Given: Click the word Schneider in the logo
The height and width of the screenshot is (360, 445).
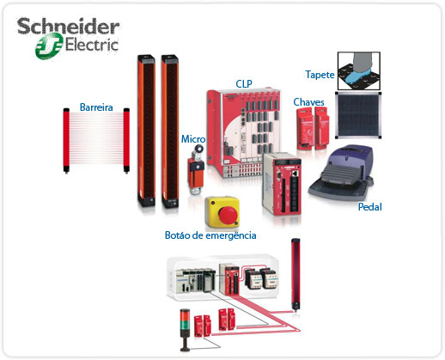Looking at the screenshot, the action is pos(68,27).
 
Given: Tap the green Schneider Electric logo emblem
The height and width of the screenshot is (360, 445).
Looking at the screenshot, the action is pos(49,46).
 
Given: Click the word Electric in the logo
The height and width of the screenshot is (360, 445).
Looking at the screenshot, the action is pos(92,46).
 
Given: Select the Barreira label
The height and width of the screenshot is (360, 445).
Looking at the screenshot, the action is pos(96,107).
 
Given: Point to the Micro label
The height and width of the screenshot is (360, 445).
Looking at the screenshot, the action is pos(193,139).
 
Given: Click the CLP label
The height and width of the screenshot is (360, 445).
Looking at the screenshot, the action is pos(244,83).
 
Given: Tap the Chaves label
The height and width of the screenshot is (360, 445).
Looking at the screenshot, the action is pos(308,102).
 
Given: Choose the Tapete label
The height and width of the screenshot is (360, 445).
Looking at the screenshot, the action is pos(320,75).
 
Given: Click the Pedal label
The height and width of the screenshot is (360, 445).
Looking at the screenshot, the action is pos(370,207).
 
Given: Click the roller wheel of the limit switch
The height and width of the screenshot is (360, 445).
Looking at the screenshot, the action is pos(198,149).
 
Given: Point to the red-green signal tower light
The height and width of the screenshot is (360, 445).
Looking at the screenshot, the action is pos(185,329).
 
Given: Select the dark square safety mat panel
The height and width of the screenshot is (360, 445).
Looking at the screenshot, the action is pos(358,114).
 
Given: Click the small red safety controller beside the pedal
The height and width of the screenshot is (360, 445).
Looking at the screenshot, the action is pos(282,183).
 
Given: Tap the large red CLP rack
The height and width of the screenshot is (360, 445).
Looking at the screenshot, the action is pos(243,131).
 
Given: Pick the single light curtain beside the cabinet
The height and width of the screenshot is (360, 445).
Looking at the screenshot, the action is pos(296,274).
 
